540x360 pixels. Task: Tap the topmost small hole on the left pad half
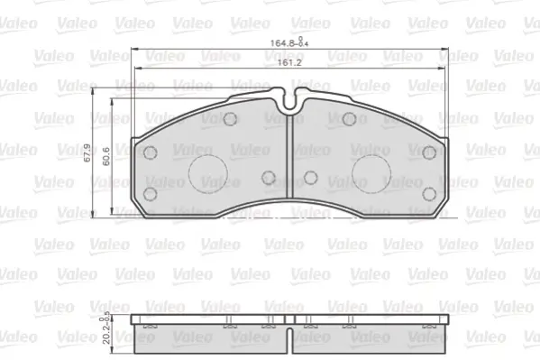click(230, 119)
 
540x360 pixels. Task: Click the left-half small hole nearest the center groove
click(268, 178)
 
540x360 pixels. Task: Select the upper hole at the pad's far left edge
click(151, 152)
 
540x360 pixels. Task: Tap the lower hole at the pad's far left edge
click(151, 193)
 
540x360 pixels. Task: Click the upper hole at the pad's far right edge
click(427, 152)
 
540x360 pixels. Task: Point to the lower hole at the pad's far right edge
click(427, 193)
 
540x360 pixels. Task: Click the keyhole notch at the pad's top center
click(289, 102)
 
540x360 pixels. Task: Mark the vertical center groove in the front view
click(289, 162)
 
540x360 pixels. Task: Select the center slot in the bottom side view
click(289, 338)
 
